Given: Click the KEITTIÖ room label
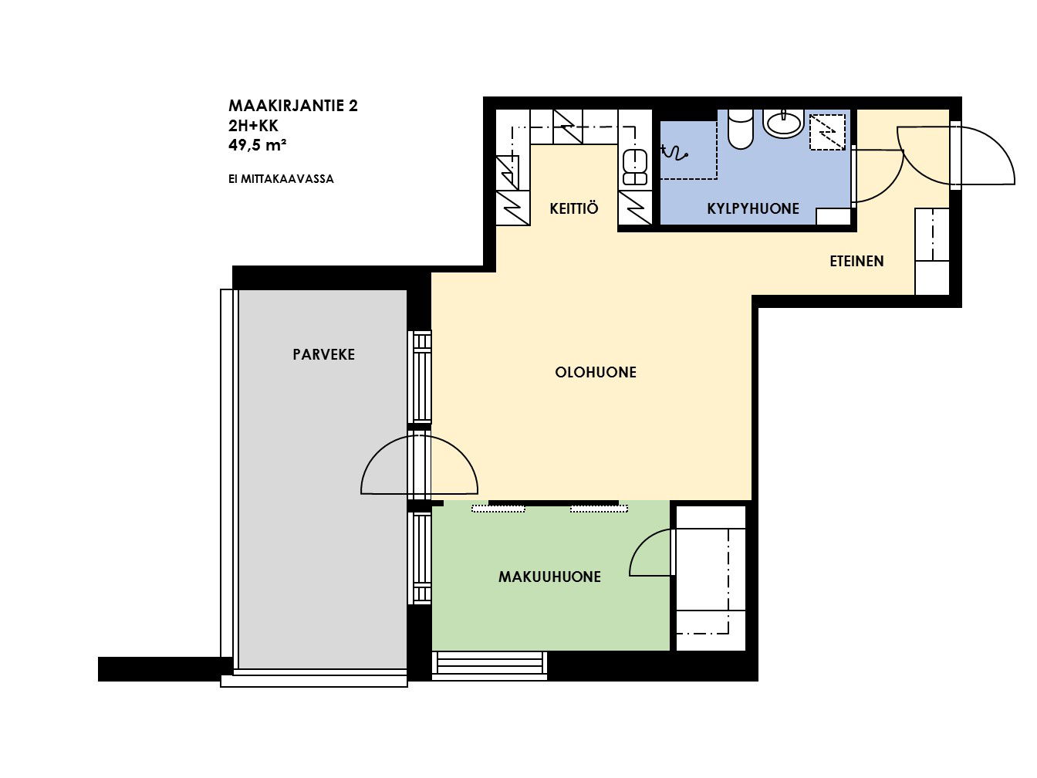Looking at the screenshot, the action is point(573,208).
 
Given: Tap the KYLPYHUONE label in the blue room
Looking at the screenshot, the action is point(752,209).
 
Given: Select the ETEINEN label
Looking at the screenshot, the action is point(856,261).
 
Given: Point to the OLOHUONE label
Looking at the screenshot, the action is point(595,372).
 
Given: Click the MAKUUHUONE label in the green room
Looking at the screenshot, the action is point(549,577).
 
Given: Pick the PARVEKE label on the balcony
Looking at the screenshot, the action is point(323,354).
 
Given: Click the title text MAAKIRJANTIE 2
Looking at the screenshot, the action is point(293,106).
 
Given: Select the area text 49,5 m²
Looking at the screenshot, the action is point(257,145).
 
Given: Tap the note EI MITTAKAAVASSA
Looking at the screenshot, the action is point(281,179).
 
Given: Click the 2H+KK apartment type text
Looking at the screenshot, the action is point(253,126).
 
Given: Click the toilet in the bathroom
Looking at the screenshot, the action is point(740,128).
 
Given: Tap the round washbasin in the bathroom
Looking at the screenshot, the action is point(784,123).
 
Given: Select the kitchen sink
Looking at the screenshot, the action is point(635,167).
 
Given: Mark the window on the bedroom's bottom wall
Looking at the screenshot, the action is point(489,666).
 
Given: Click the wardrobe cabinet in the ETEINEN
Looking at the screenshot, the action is point(932,252).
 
